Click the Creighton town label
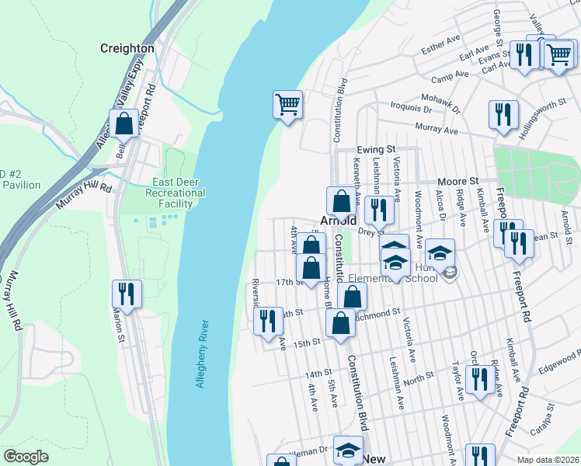click(127, 48)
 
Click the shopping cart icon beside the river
click(287, 104)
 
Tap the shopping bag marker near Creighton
click(124, 123)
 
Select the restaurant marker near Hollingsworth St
click(503, 115)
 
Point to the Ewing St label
click(377, 149)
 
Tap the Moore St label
click(456, 179)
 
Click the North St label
click(419, 377)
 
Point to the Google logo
click(26, 457)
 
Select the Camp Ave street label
click(451, 76)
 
